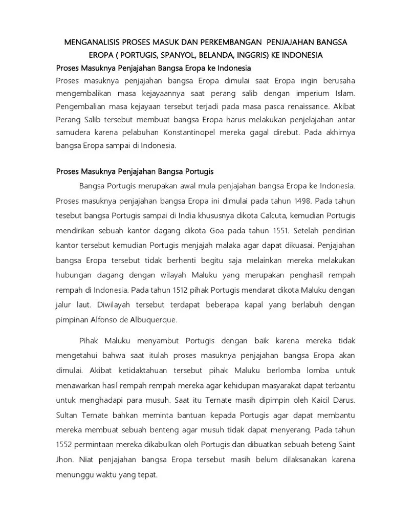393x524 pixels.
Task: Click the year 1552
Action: (65, 443)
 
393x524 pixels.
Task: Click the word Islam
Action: (344, 95)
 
